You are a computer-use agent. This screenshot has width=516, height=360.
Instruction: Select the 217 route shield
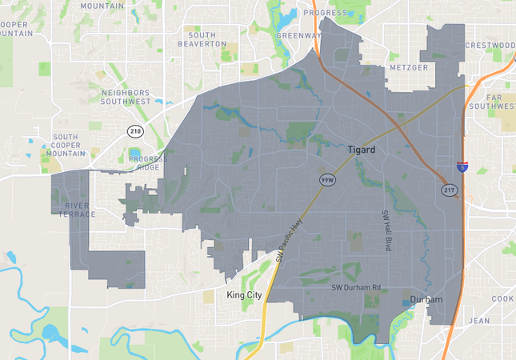[448, 190]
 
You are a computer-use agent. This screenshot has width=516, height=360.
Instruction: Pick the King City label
[244, 295]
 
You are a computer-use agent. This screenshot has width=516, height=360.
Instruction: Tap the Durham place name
[426, 301]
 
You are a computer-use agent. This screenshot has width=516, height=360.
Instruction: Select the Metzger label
[409, 68]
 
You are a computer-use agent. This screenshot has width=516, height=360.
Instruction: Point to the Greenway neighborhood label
[298, 36]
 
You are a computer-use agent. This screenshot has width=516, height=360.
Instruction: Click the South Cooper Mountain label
[66, 145]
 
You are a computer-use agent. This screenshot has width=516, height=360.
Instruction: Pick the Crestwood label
[490, 46]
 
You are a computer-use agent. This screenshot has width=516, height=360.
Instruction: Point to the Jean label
[480, 320]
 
